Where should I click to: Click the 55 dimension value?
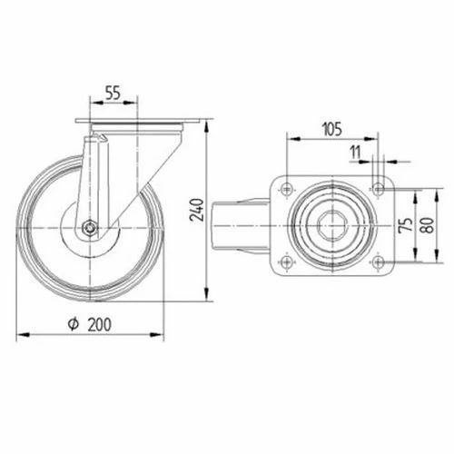coord(113,93)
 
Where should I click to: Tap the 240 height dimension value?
coord(197,210)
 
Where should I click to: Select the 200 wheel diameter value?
coord(100,324)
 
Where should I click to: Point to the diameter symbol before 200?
coord(74,324)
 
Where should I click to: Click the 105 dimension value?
coord(332,129)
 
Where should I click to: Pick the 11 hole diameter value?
coord(355,153)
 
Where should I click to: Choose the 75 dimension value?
coord(408,224)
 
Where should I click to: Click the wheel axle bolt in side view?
coord(90,227)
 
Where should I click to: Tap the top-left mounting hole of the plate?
coord(286,189)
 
